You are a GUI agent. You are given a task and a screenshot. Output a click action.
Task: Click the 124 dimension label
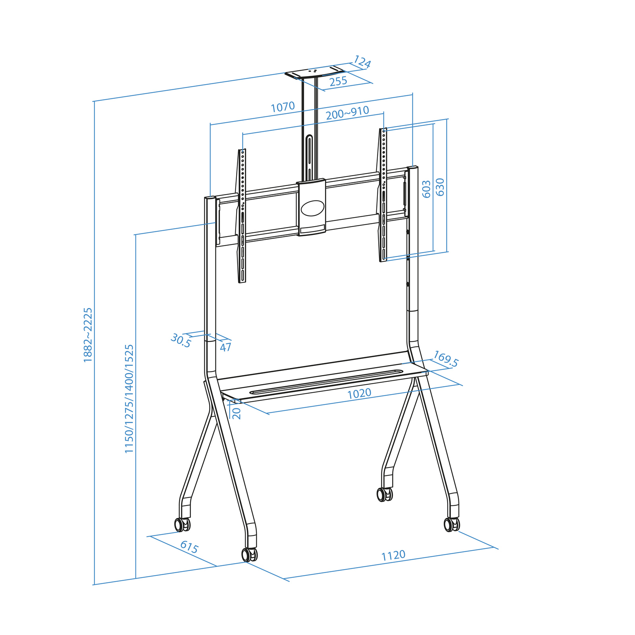pyautogui.click(x=362, y=62)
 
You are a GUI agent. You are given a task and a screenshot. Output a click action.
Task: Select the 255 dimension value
pyautogui.click(x=338, y=81)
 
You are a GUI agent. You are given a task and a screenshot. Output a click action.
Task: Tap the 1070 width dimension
pyautogui.click(x=283, y=107)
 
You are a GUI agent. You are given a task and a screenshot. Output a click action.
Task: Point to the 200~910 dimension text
pyautogui.click(x=347, y=113)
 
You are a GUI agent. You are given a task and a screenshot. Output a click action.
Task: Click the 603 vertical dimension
pyautogui.click(x=426, y=189)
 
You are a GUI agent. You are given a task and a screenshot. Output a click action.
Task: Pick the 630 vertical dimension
pyautogui.click(x=440, y=187)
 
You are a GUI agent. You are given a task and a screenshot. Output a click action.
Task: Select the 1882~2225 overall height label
pyautogui.click(x=88, y=335)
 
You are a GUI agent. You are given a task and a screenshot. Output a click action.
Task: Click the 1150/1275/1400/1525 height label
pyautogui.click(x=129, y=398)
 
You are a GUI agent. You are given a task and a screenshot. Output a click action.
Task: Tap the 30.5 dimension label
pyautogui.click(x=181, y=341)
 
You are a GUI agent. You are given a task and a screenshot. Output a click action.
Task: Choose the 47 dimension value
pyautogui.click(x=225, y=347)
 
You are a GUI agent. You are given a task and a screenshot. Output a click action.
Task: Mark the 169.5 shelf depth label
pyautogui.click(x=446, y=359)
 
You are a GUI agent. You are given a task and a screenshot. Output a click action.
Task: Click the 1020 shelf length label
pyautogui.click(x=359, y=393)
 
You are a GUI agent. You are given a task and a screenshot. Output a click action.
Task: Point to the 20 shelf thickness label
pyautogui.click(x=237, y=413)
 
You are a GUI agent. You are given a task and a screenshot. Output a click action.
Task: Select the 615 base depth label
pyautogui.click(x=189, y=547)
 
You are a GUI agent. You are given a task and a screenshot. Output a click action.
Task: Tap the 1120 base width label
pyautogui.click(x=393, y=555)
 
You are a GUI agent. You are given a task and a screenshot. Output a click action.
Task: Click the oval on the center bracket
pyautogui.click(x=312, y=208)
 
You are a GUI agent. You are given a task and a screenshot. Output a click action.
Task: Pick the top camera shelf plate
pyautogui.click(x=314, y=73)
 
